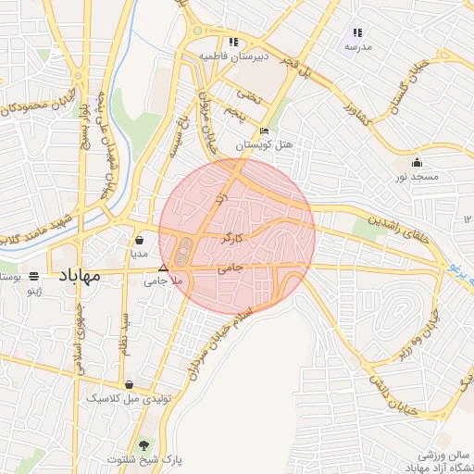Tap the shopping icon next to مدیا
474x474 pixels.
pyautogui.click(x=139, y=239)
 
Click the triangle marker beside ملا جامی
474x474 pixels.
pyautogui.click(x=163, y=268)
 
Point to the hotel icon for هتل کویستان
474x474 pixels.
pyautogui.click(x=265, y=131)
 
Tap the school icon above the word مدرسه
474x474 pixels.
pyautogui.click(x=357, y=32)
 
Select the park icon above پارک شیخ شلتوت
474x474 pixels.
pyautogui.click(x=143, y=445)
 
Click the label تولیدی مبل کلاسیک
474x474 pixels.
pyautogui.click(x=125, y=398)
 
